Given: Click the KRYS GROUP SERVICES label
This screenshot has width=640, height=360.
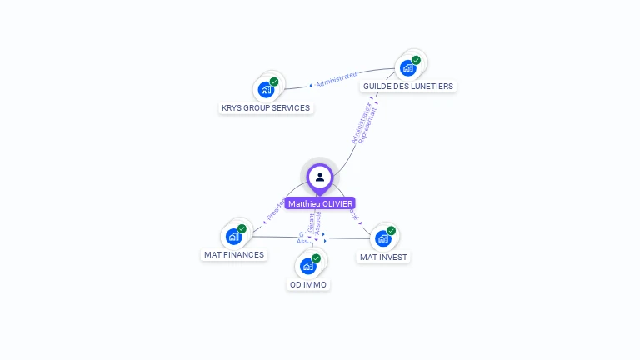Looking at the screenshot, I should pyautogui.click(x=265, y=108).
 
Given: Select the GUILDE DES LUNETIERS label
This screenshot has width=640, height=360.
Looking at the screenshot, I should pyautogui.click(x=407, y=87).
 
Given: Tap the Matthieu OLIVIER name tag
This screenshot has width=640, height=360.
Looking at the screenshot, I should pyautogui.click(x=320, y=203).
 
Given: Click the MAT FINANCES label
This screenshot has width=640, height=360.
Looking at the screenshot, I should pyautogui.click(x=234, y=255).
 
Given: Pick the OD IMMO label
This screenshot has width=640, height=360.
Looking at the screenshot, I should pyautogui.click(x=308, y=285).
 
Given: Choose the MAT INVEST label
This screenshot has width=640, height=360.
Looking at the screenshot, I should pyautogui.click(x=383, y=257).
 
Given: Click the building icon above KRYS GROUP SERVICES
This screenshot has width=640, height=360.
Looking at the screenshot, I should pyautogui.click(x=266, y=90).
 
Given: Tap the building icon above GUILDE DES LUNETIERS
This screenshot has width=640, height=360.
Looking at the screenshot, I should pyautogui.click(x=407, y=68).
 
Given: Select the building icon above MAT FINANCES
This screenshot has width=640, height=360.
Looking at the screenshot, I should pyautogui.click(x=234, y=237).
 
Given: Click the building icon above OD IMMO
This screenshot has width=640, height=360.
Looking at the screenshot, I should pyautogui.click(x=308, y=266).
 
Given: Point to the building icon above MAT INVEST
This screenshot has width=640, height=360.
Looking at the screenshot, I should pyautogui.click(x=382, y=239).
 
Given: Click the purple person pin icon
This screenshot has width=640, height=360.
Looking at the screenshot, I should pyautogui.click(x=320, y=177).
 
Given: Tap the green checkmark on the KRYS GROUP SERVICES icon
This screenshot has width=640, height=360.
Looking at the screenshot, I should pyautogui.click(x=274, y=82).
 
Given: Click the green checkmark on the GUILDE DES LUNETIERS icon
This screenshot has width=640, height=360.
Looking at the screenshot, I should pyautogui.click(x=416, y=60).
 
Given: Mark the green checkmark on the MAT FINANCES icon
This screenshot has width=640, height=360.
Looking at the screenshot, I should pyautogui.click(x=242, y=228).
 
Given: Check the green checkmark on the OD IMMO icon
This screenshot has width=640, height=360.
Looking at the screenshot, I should pyautogui.click(x=317, y=257).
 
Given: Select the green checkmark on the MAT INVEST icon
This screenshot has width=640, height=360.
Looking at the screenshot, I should pyautogui.click(x=391, y=231).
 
